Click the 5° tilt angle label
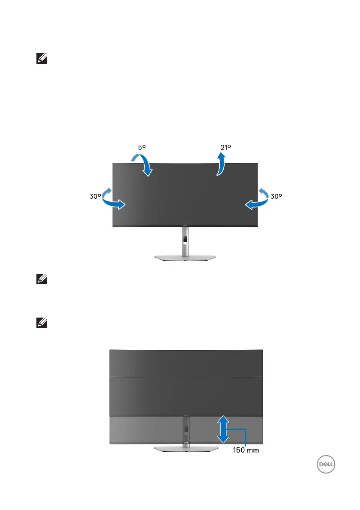(142, 147)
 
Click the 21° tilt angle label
(226, 147)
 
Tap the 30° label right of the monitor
(277, 196)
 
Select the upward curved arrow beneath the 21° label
(221, 165)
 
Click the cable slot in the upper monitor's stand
(185, 237)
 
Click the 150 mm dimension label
(246, 450)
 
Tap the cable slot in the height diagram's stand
(186, 429)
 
